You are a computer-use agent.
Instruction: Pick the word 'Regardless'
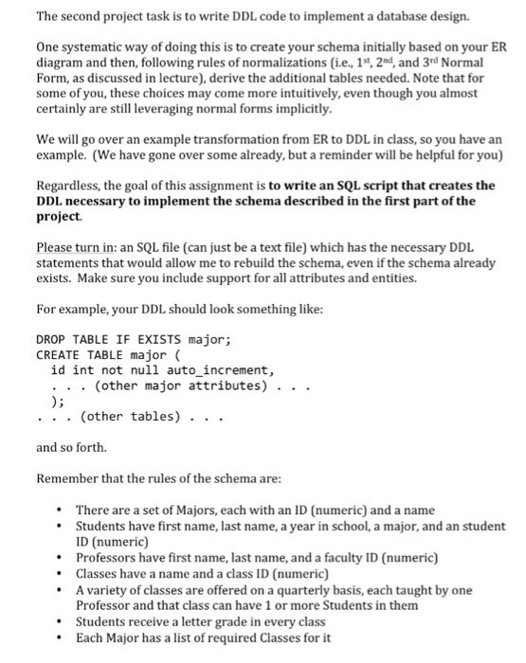click(69, 185)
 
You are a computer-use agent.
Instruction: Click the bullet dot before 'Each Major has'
click(61, 636)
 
